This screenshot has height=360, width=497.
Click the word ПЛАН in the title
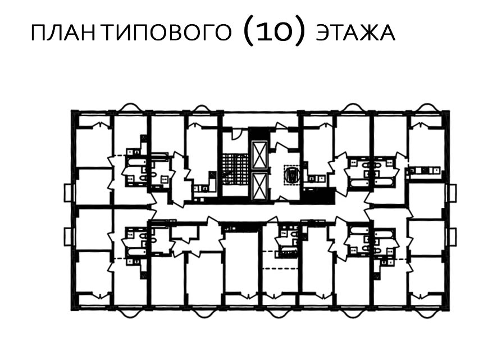(x=63, y=33)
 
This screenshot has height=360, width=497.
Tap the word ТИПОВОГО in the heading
(x=167, y=33)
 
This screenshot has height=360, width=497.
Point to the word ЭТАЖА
(x=355, y=33)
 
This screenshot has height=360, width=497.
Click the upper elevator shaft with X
(x=259, y=154)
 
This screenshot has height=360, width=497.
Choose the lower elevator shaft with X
(x=259, y=186)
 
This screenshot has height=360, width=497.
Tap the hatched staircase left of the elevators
(x=235, y=169)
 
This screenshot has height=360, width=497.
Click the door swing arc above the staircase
(x=236, y=134)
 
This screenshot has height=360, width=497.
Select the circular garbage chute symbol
(x=291, y=175)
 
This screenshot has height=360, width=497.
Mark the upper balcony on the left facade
(x=67, y=193)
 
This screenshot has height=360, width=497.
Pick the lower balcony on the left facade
(x=67, y=236)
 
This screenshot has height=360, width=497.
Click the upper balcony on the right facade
(x=452, y=193)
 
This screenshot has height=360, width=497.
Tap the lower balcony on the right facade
(x=452, y=236)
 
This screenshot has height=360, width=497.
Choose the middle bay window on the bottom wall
(x=276, y=313)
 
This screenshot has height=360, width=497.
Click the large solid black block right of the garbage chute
(x=319, y=195)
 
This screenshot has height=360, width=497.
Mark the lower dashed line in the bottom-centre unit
(x=281, y=268)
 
